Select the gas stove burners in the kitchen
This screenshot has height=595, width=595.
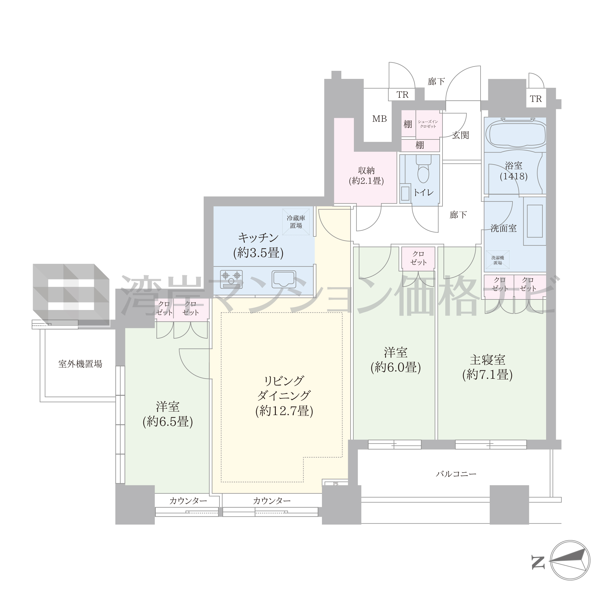[231, 279]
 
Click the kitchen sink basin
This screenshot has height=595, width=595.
[284, 279]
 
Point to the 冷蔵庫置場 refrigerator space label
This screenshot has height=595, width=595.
[296, 222]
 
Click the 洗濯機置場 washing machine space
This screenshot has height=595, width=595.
[498, 260]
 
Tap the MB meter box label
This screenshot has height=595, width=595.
[379, 119]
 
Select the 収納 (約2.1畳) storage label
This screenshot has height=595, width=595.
[366, 176]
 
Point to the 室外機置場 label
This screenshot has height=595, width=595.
[80, 364]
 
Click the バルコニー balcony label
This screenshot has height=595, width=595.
[456, 474]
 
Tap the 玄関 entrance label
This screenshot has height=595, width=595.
[461, 135]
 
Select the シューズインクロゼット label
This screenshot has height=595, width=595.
[428, 124]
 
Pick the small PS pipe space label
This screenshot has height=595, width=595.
[336, 484]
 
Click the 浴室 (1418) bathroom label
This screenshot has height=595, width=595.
[514, 171]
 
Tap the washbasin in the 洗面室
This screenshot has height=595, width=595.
[535, 221]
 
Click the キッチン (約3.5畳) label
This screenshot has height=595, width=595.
[258, 245]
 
